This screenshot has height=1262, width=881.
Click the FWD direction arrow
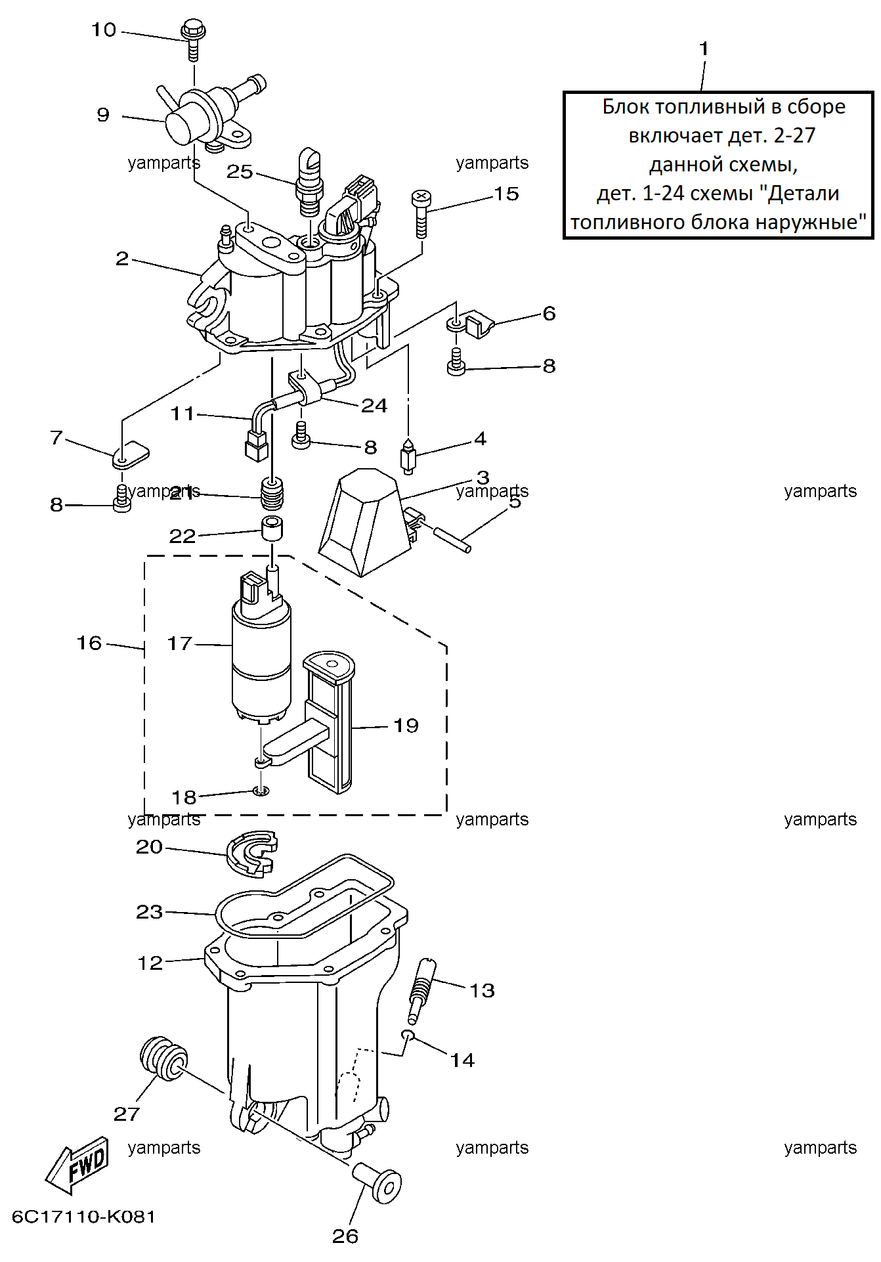[77, 1166]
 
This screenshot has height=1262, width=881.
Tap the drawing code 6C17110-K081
[84, 1217]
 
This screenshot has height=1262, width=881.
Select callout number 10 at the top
[103, 30]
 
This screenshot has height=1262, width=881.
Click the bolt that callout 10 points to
[193, 40]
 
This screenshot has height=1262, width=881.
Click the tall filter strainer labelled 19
[328, 722]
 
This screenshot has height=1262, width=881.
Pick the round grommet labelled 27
[163, 1058]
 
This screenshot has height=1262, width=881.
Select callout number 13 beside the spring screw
[482, 990]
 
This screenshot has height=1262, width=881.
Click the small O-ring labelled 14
[408, 1035]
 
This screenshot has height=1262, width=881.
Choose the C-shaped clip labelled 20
[252, 854]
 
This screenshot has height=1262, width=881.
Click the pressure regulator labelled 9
[210, 115]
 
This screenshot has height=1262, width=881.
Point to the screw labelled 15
[421, 214]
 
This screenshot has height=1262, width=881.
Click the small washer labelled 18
[261, 791]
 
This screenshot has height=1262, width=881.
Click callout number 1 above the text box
[704, 49]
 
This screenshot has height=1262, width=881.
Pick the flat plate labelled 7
[131, 455]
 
